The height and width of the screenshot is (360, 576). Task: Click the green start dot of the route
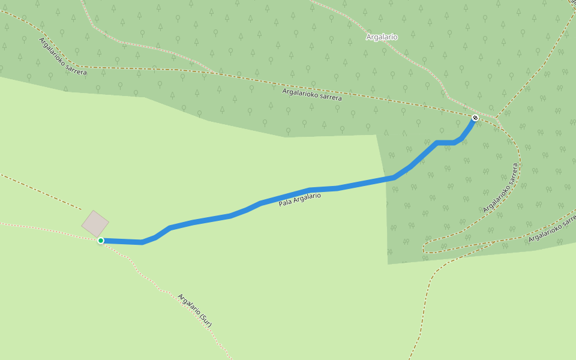coord(101,241)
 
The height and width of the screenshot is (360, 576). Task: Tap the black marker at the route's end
coord(475,118)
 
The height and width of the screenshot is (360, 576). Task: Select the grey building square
coord(95,224)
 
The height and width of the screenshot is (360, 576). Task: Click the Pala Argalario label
coord(299,200)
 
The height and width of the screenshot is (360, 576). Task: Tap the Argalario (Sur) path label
coord(195,310)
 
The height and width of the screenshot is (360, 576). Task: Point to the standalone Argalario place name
coord(382,37)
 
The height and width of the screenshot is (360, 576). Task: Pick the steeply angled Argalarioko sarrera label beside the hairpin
coord(500,187)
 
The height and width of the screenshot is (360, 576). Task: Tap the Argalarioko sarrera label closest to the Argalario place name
coord(312,94)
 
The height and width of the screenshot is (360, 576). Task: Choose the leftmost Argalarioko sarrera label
coord(63,56)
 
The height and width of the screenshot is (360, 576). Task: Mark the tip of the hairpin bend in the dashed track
coord(424,248)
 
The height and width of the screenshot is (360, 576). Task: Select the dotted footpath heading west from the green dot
coord(48,229)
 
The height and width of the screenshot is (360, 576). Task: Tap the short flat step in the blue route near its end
coord(445,142)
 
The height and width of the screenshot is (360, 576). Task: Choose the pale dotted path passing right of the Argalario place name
coord(420,60)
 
